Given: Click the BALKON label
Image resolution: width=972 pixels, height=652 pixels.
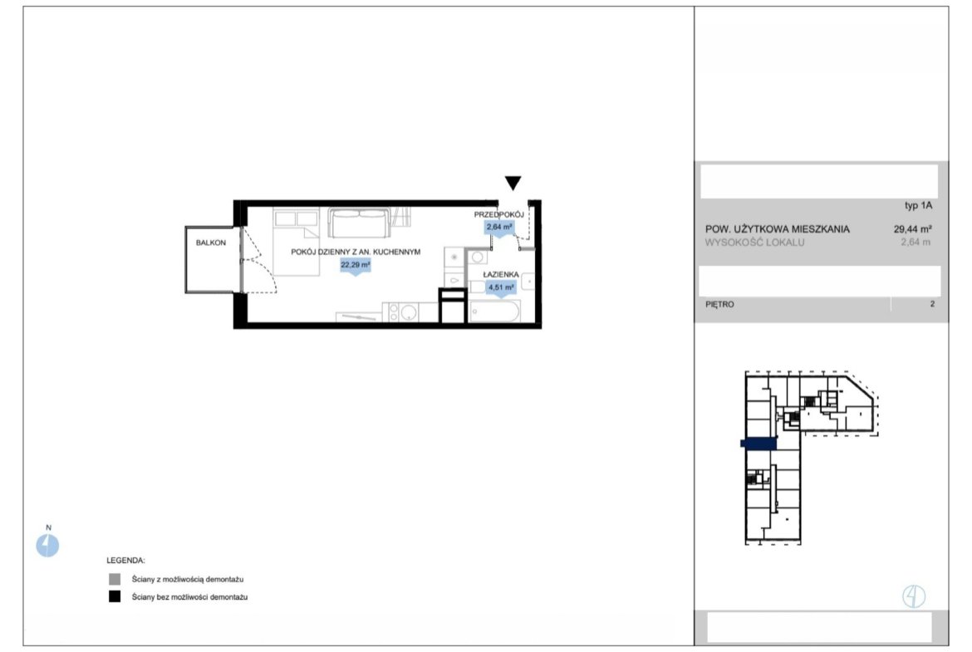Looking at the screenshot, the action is [211, 243].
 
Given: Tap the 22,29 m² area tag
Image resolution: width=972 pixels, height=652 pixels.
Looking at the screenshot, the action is [356, 265].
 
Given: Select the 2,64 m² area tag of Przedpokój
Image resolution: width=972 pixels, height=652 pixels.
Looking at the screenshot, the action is [499, 228].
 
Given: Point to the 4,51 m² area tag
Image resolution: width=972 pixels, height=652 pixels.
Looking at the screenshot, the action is [501, 287].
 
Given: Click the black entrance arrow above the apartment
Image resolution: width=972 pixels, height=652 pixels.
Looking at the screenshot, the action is [513, 182].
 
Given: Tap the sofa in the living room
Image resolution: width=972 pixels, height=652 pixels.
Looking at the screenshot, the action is [360, 223].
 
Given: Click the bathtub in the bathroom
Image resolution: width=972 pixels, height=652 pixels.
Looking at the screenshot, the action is [494, 311].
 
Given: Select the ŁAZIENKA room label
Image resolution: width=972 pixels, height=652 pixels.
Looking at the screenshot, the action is [501, 275].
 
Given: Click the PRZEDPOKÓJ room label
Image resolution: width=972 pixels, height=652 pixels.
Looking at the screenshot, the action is [499, 214].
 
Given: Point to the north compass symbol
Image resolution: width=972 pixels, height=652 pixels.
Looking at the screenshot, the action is [47, 546].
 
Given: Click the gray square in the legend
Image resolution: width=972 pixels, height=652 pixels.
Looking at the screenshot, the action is [115, 579].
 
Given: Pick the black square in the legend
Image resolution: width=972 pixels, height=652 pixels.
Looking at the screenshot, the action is [115, 596].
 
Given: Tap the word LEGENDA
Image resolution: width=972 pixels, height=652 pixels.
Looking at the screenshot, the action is [125, 561].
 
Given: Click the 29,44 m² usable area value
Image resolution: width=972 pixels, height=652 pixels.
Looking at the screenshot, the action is [912, 228].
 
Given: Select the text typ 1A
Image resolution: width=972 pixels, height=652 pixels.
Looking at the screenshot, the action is [918, 205].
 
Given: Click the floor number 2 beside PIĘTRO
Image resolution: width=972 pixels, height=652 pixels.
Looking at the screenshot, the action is [932, 304].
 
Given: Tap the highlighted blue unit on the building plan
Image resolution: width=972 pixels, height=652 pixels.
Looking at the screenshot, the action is [758, 444].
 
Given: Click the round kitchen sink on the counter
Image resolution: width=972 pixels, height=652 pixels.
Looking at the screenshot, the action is [407, 312].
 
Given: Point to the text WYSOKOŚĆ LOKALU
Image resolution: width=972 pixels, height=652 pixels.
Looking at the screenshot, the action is [754, 243].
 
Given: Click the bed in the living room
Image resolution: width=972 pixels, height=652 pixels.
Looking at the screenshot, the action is [297, 243].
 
